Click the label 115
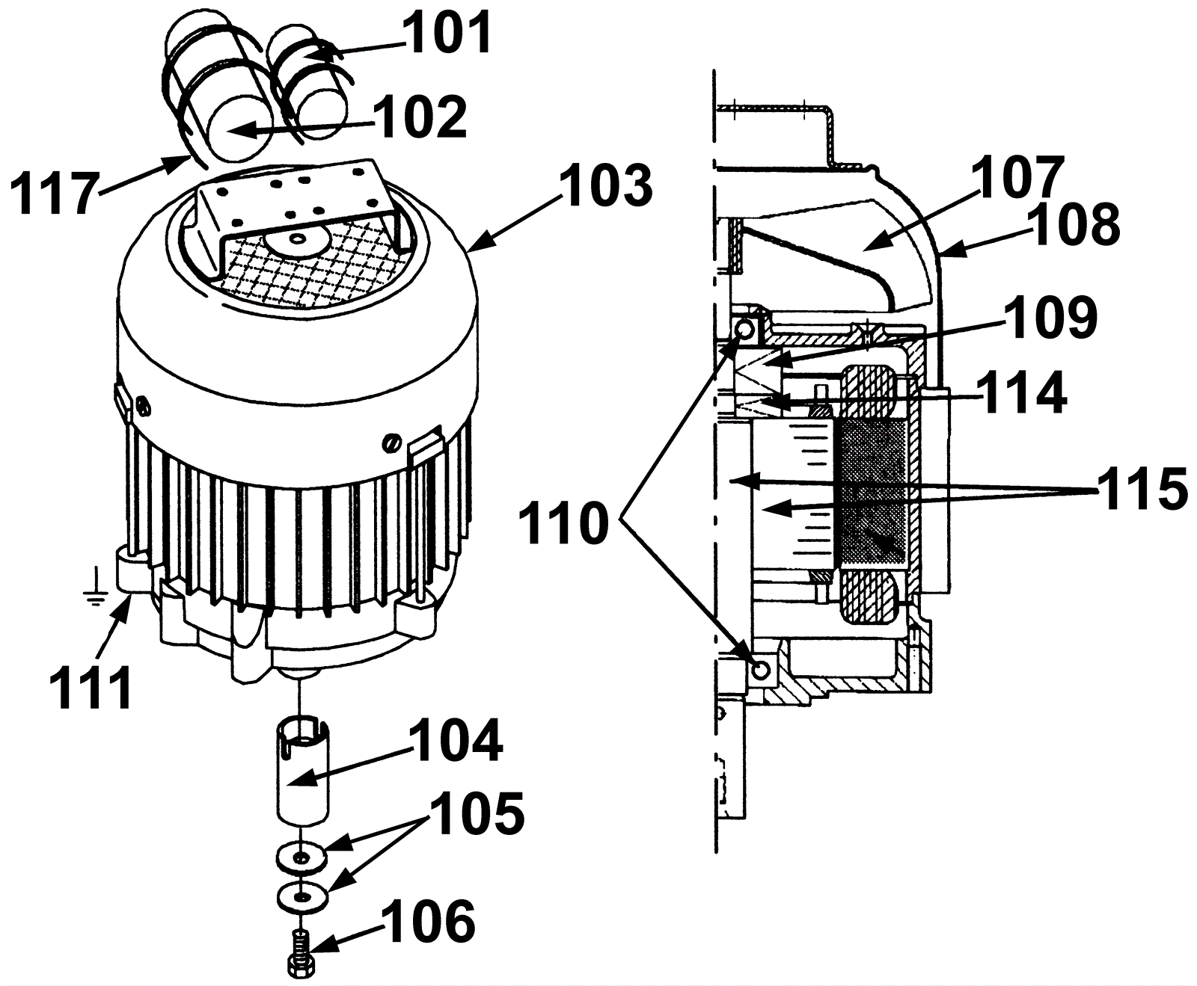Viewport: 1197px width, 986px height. [x=1142, y=489]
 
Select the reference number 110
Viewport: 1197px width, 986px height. [x=564, y=523]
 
